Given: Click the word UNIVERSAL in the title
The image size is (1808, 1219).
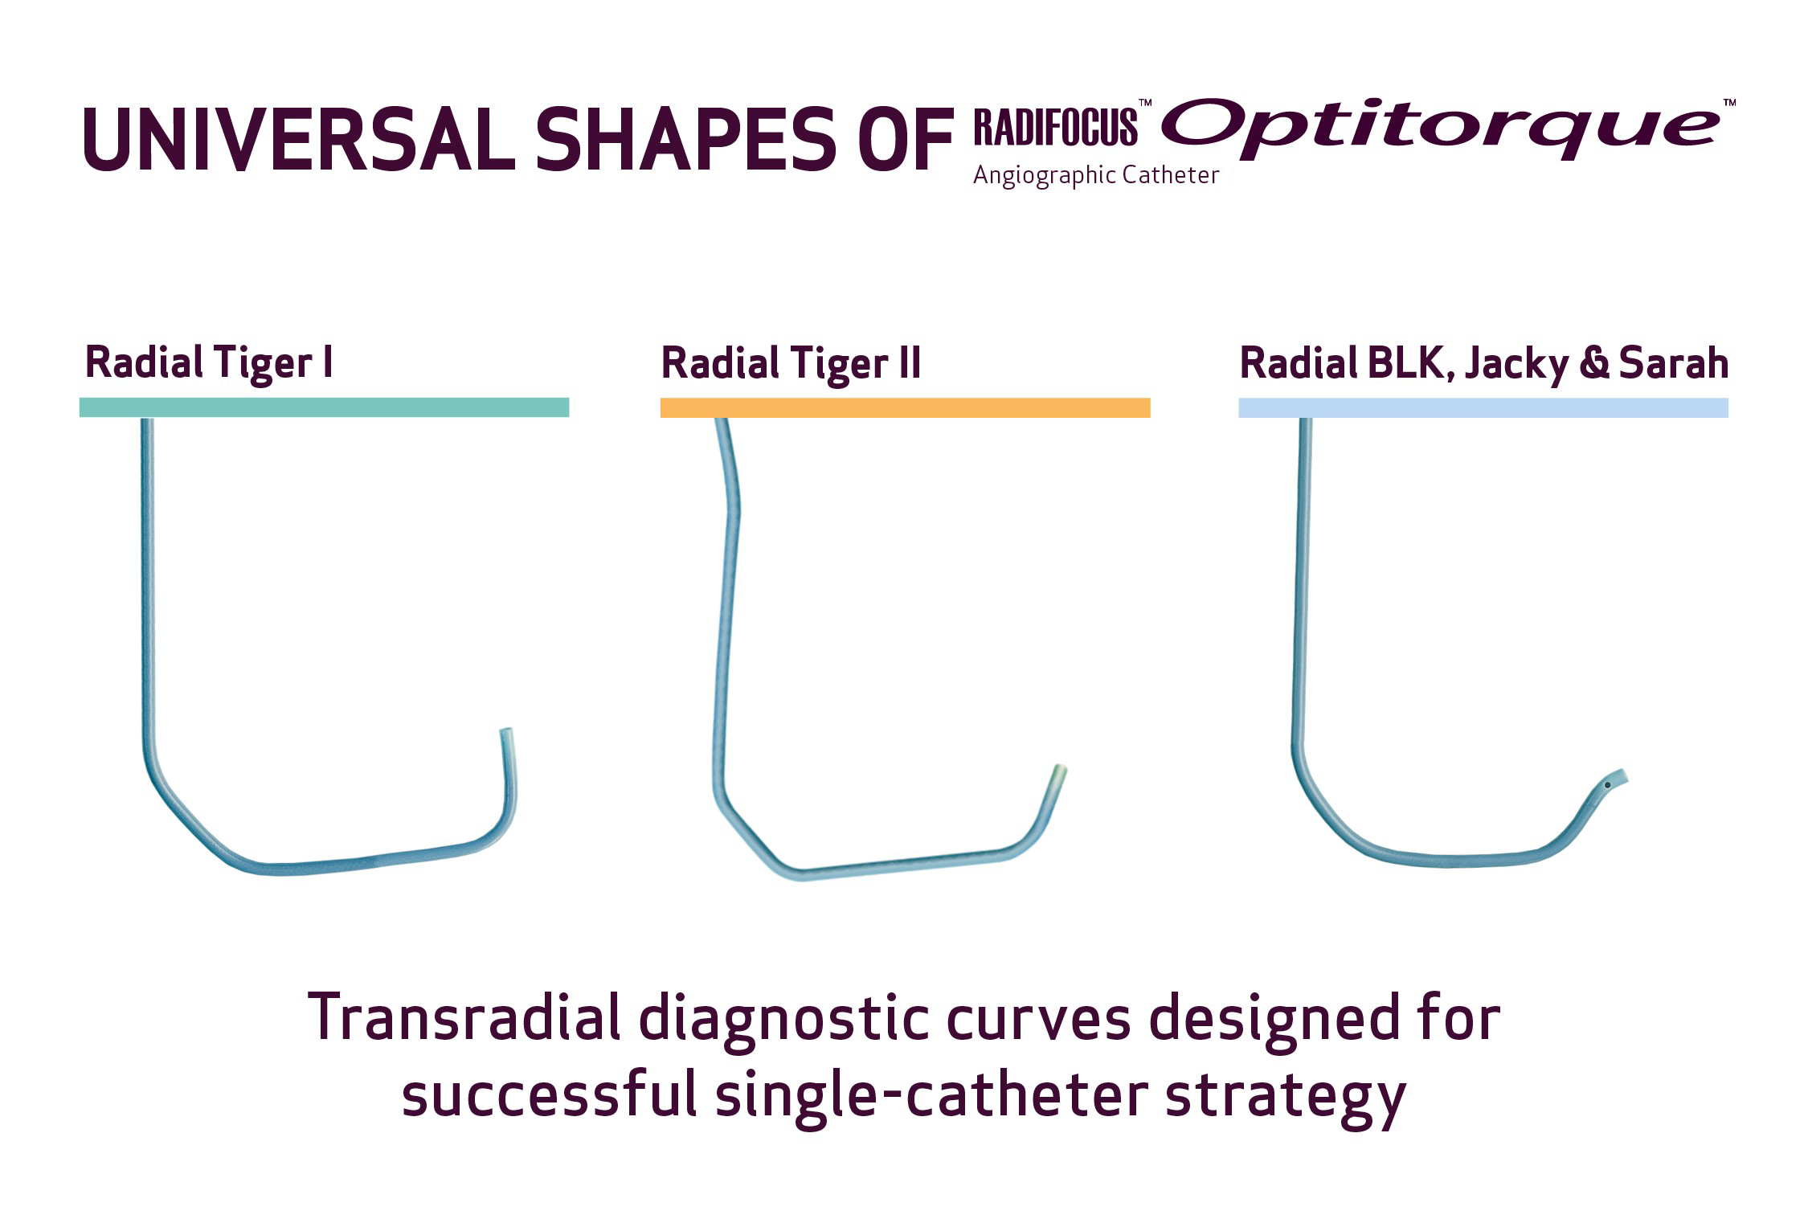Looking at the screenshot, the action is [x=299, y=138].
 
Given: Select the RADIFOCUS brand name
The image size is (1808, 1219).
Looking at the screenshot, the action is [x=1056, y=125].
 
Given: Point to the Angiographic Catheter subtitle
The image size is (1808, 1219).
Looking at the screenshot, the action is [x=1096, y=175].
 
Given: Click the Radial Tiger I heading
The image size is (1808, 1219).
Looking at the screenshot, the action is [x=209, y=362].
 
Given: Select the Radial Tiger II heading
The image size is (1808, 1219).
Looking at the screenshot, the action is [x=791, y=363].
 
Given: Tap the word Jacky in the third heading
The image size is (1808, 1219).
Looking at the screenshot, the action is [x=1516, y=363].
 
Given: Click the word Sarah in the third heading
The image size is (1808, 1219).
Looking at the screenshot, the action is [x=1674, y=362].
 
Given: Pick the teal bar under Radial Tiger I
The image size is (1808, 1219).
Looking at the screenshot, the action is [x=324, y=407].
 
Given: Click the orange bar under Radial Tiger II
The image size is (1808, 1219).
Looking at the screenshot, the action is [x=905, y=407].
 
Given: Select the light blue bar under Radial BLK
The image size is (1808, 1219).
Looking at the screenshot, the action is [x=1483, y=407].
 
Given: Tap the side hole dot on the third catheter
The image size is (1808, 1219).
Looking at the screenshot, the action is [x=1607, y=785].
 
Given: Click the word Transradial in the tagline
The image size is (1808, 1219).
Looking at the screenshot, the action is [x=464, y=1018].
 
